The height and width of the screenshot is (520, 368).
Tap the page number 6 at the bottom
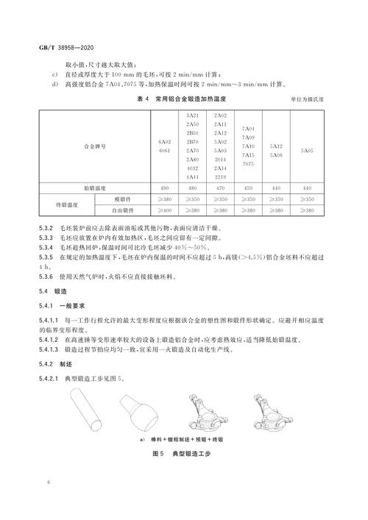(x=46, y=483)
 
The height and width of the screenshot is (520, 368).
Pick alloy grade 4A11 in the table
(x=192, y=177)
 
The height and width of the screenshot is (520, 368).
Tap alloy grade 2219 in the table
(x=220, y=177)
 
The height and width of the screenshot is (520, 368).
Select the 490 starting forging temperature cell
(x=163, y=188)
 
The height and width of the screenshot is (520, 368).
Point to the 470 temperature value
(x=220, y=188)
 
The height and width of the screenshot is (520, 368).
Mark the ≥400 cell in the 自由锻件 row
(x=163, y=210)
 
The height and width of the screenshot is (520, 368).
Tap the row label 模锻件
(x=121, y=199)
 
